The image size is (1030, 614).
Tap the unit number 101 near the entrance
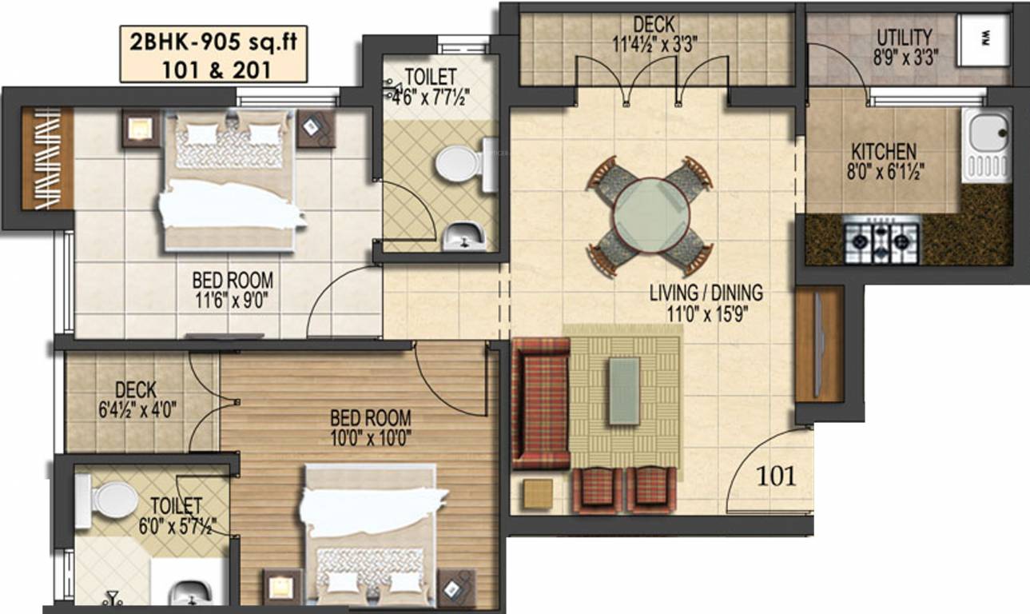776,476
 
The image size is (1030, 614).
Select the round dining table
651,215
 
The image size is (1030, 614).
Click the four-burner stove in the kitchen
882,237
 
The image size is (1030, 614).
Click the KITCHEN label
884,151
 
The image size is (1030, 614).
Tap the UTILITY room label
904,38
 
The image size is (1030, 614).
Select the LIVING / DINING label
706,292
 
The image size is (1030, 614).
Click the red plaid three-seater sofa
540,403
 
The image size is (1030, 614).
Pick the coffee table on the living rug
624,390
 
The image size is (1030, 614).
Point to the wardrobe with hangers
47,158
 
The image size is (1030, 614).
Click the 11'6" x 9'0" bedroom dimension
232,301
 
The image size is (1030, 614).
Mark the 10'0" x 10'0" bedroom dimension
371,438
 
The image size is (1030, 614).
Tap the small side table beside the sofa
538,493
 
